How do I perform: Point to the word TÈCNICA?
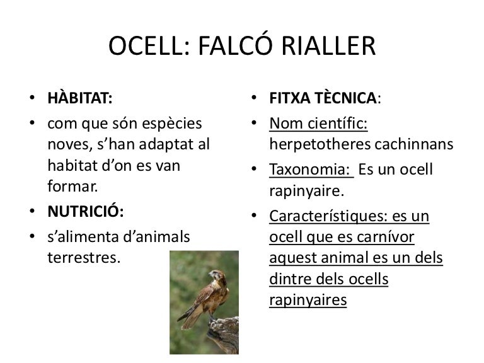(347, 99)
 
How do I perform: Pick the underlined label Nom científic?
(318, 122)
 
